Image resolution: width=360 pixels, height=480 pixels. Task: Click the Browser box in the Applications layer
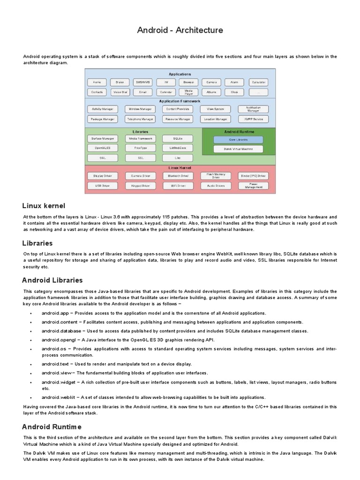tap(188, 82)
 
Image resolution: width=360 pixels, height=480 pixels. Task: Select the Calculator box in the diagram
tap(258, 82)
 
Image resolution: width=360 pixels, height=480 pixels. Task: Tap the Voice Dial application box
tap(120, 92)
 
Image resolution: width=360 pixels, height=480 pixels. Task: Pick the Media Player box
tap(188, 92)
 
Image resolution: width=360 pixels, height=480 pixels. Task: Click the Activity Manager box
tap(102, 109)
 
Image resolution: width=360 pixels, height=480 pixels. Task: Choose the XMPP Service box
tap(253, 119)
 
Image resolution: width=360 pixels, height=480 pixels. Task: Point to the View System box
tap(215, 109)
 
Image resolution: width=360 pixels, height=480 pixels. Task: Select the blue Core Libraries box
tap(238, 140)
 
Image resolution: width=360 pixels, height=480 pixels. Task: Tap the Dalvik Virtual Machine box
tap(238, 149)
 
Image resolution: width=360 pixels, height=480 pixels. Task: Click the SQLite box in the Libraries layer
tap(177, 139)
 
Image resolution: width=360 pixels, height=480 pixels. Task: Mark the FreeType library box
tap(140, 148)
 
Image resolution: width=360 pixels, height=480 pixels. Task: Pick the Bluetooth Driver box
tap(177, 176)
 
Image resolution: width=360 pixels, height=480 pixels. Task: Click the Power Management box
tap(253, 186)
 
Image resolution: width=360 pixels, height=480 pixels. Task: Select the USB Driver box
tap(102, 186)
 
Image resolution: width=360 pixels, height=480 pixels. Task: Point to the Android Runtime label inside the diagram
tap(239, 132)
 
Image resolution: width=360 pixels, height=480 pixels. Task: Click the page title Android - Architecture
tap(180, 30)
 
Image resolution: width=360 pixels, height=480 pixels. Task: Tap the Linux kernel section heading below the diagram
tap(44, 206)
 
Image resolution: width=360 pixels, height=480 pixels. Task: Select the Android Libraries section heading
tap(52, 280)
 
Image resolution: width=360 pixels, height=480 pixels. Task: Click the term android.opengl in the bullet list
tap(56, 340)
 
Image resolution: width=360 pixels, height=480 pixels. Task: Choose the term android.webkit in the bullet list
tap(56, 397)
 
